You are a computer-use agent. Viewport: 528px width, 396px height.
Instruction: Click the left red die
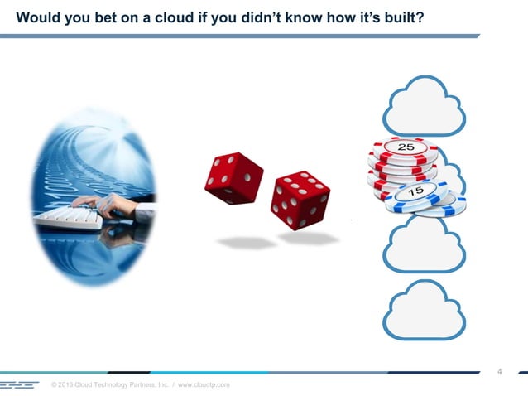pyautogui.click(x=233, y=177)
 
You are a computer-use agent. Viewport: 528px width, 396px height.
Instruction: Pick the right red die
pyautogui.click(x=300, y=200)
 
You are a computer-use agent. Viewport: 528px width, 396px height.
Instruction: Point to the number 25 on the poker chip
pyautogui.click(x=406, y=147)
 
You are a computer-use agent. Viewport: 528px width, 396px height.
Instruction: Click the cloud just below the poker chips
pyautogui.click(x=425, y=246)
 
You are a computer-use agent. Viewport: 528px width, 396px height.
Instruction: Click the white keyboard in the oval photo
pyautogui.click(x=70, y=218)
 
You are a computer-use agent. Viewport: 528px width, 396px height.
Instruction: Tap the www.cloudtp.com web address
pyautogui.click(x=204, y=385)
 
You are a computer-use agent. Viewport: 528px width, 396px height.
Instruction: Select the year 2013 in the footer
pyautogui.click(x=69, y=385)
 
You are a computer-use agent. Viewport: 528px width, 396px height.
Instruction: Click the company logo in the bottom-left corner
pyautogui.click(x=20, y=385)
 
